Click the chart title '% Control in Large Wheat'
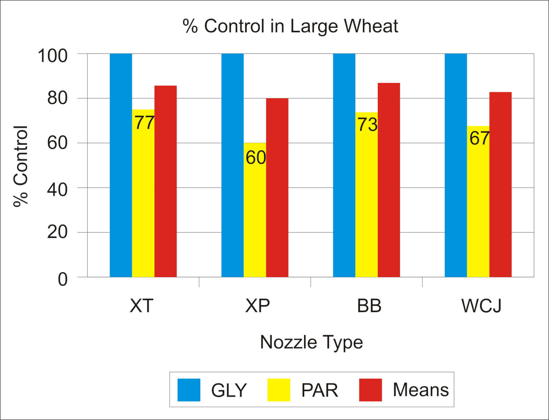[x=290, y=26]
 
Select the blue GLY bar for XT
[x=121, y=165]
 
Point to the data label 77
[x=144, y=123]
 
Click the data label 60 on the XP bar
[x=256, y=158]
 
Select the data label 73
[x=367, y=125]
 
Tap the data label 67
[x=479, y=138]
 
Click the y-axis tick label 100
[x=52, y=55]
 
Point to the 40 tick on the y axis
[x=57, y=189]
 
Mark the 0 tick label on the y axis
[x=62, y=279]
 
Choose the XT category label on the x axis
[x=141, y=306]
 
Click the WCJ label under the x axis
[x=481, y=306]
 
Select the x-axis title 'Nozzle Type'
[x=311, y=342]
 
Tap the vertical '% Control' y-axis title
[x=21, y=166]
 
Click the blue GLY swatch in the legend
[x=189, y=390]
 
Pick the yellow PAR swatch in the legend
[x=279, y=390]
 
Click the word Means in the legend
[x=420, y=390]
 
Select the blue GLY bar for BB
[x=344, y=165]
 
